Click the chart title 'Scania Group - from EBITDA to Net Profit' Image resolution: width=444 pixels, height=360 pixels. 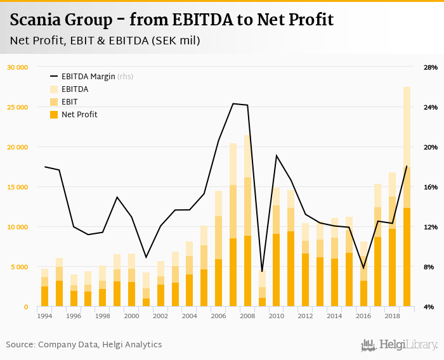tap(172, 20)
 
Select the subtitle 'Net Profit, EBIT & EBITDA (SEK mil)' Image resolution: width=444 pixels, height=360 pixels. tap(105, 41)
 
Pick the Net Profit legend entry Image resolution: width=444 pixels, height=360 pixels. tap(79, 115)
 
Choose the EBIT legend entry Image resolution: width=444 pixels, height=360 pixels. tap(70, 102)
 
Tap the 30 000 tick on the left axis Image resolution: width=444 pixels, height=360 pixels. tap(17, 67)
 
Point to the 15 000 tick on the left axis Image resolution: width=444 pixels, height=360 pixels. tap(17, 187)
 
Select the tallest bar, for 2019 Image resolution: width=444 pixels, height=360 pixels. tap(407, 196)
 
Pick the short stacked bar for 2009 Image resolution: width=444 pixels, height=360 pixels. tap(262, 289)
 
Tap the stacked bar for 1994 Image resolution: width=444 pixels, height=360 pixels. tap(44, 288)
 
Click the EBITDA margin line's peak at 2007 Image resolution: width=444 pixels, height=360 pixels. tap(233, 103)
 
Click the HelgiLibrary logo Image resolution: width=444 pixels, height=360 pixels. tap(399, 345)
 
